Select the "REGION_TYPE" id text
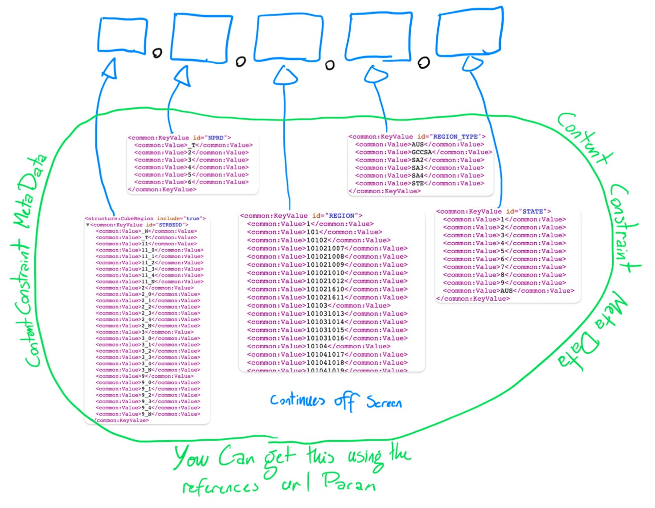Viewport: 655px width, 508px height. (x=455, y=136)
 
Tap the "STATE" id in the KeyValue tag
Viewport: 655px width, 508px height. (x=532, y=211)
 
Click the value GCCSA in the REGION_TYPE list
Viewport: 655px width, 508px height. (x=422, y=152)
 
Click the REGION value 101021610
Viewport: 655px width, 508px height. (x=325, y=289)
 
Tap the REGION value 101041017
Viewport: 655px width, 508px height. (x=325, y=355)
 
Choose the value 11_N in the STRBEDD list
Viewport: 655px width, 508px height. (x=147, y=281)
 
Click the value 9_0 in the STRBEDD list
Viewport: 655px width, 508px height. (x=147, y=382)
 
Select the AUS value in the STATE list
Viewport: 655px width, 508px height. (x=507, y=290)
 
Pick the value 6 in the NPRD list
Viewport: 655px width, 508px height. (x=189, y=182)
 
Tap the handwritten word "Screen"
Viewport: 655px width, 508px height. (x=384, y=402)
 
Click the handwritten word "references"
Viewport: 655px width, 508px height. (x=220, y=487)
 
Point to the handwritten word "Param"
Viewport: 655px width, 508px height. (x=349, y=482)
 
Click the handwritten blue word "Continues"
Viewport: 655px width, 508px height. (x=297, y=400)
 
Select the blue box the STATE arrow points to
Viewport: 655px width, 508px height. (x=470, y=31)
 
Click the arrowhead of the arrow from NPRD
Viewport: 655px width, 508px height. (x=183, y=76)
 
